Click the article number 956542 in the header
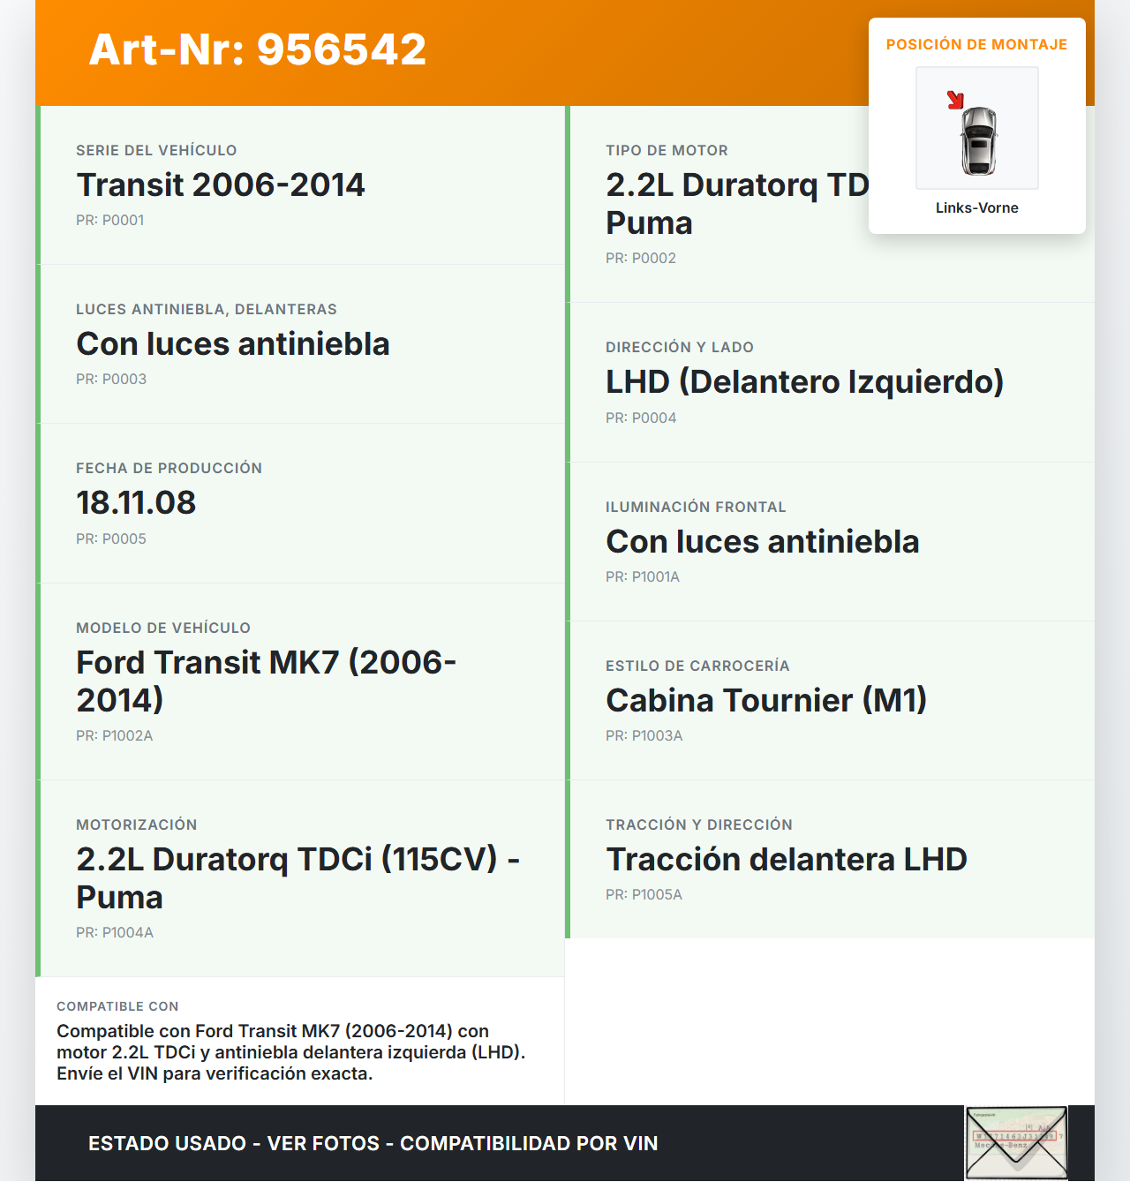[342, 49]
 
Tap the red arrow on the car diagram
[955, 100]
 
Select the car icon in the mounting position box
[978, 140]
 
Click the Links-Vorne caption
[976, 208]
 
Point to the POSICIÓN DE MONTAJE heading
[976, 45]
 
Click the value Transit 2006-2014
[220, 185]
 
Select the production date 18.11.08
[136, 503]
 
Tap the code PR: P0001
[109, 221]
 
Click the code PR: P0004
[641, 418]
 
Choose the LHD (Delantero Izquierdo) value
[804, 382]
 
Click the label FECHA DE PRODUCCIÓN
[169, 469]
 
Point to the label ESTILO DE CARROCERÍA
[697, 666]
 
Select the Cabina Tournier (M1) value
[765, 701]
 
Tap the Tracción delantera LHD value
[786, 860]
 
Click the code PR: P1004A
[115, 933]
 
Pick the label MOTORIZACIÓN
[136, 825]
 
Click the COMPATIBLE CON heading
[117, 1007]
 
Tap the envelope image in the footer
[1015, 1143]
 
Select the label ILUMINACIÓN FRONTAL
[696, 508]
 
